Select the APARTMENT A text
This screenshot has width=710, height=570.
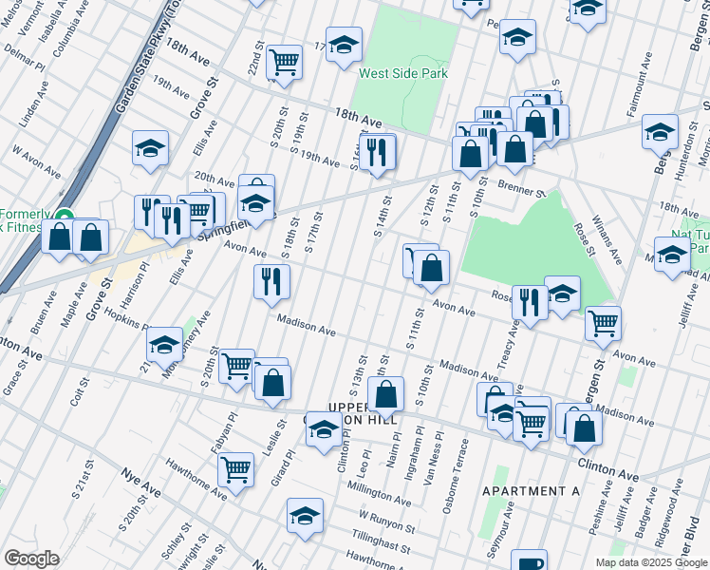tap(531, 491)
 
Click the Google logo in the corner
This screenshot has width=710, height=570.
tap(31, 559)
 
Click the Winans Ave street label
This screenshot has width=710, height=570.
tap(606, 237)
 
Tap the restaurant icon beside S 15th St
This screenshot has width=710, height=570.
tap(378, 151)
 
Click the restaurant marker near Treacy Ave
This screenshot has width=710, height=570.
tap(530, 302)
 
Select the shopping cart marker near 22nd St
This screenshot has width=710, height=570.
tap(284, 62)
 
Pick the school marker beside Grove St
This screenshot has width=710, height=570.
tap(150, 148)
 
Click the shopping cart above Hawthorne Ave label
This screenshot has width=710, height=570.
tap(235, 469)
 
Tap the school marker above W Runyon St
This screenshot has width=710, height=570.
tap(305, 516)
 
